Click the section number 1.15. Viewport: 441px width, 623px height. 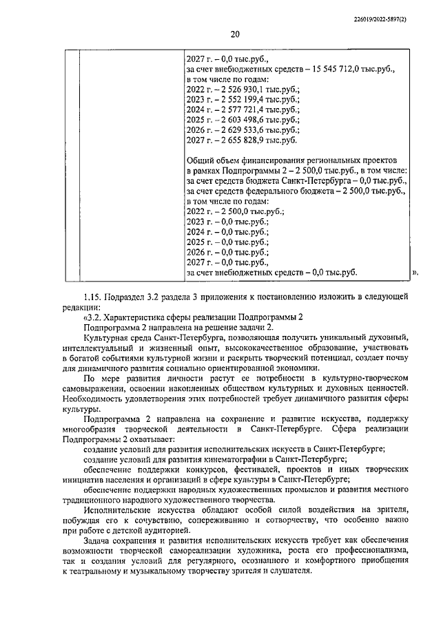click(92, 297)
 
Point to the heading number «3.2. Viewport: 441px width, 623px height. click(93, 317)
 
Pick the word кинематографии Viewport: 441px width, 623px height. click(232, 458)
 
